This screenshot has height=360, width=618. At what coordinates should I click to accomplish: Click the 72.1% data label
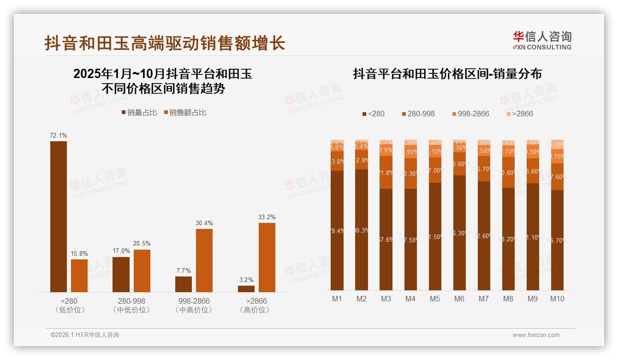tap(59, 136)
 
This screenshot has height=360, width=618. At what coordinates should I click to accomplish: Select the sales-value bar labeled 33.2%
tap(267, 257)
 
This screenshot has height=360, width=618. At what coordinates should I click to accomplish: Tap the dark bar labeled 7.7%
tap(184, 284)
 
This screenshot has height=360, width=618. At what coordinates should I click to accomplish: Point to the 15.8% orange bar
tap(79, 276)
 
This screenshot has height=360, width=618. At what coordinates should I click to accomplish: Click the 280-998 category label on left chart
tap(131, 301)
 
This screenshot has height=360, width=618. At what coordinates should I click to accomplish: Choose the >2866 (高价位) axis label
tap(254, 305)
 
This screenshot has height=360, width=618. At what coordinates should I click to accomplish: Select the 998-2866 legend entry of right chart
tap(469, 114)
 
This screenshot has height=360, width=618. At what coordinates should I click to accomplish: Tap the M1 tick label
tap(337, 299)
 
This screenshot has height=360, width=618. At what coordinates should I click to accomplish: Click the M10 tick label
tap(557, 299)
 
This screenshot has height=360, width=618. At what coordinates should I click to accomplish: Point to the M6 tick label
tap(459, 299)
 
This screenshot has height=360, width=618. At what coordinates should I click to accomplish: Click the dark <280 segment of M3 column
tap(386, 239)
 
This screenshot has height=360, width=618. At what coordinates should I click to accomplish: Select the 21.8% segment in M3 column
tap(386, 172)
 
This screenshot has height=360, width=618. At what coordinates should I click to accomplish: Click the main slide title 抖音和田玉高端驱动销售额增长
tap(165, 43)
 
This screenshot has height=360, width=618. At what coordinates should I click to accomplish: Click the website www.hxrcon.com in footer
tap(536, 335)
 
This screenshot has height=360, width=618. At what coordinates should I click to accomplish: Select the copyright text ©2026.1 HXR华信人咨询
tap(84, 335)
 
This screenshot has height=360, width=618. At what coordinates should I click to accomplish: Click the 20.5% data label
tap(142, 244)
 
